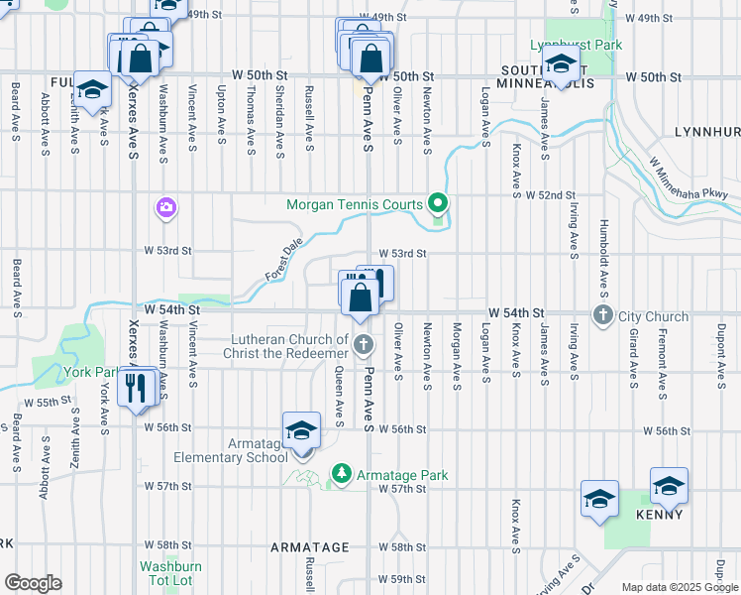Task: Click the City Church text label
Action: tap(653, 316)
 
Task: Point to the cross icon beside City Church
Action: tap(603, 316)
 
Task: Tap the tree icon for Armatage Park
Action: tap(342, 475)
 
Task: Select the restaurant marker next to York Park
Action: tap(137, 388)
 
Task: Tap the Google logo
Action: tap(33, 583)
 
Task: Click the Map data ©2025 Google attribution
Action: tap(680, 587)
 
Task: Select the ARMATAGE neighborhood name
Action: tap(310, 547)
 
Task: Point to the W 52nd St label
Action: tap(551, 196)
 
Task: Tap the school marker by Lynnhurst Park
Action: tap(561, 68)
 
